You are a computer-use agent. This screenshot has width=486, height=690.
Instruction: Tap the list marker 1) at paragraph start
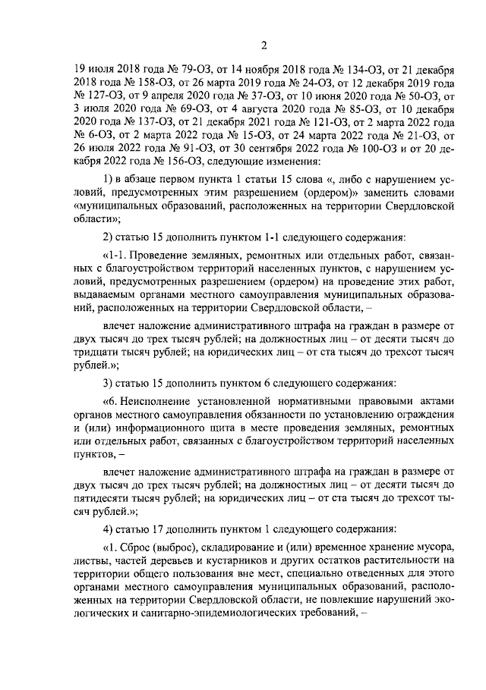pyautogui.click(x=109, y=179)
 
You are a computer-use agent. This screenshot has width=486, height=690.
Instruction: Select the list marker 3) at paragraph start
pyautogui.click(x=109, y=381)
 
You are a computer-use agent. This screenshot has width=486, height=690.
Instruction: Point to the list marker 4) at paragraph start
pyautogui.click(x=109, y=527)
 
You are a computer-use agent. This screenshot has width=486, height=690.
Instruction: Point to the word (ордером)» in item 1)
pyautogui.click(x=295, y=193)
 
